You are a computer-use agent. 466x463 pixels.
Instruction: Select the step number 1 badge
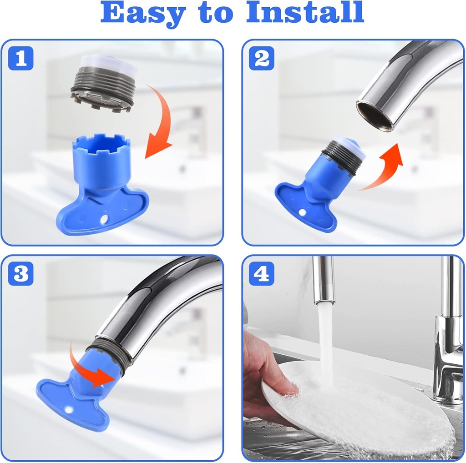[20, 59]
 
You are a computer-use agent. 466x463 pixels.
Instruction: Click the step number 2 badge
[262, 59]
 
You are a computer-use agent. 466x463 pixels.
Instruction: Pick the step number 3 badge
[20, 274]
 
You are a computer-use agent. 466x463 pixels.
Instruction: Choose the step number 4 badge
[262, 274]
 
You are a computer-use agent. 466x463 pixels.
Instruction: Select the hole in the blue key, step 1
[105, 219]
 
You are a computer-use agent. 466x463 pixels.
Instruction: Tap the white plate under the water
[360, 409]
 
